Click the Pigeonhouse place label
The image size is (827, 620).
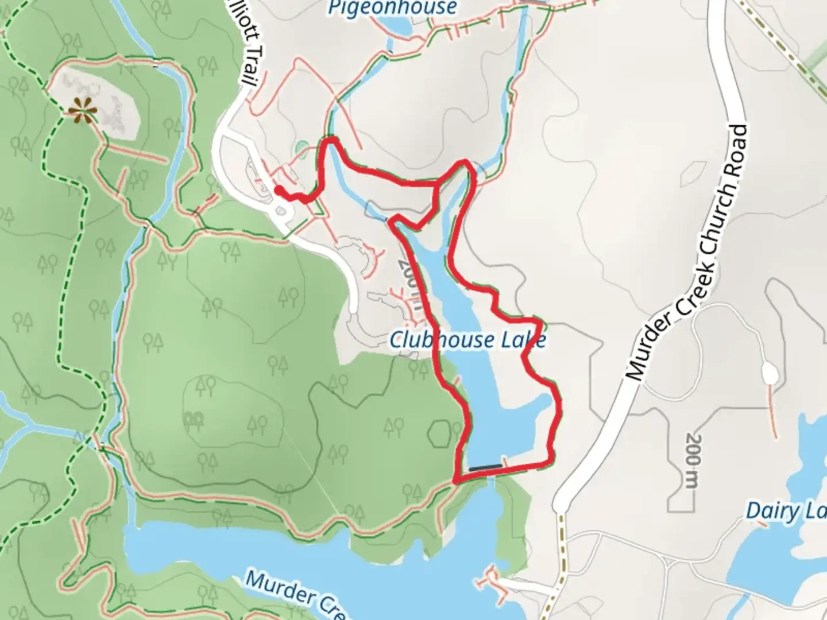pos(392,7)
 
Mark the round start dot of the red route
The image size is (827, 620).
pos(277,189)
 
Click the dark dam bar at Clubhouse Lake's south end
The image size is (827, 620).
pos(484,468)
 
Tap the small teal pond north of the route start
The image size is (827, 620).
pos(302,149)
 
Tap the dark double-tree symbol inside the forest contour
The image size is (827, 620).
pos(192,418)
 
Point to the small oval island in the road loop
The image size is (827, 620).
pos(281,212)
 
